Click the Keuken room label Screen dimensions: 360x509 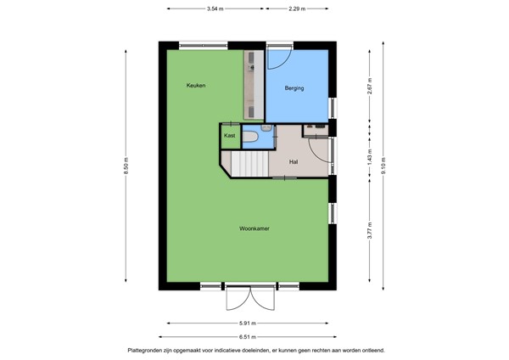[197, 86]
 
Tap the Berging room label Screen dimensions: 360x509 [294, 87]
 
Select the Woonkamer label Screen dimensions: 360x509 [255, 228]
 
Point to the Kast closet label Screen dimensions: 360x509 [229, 136]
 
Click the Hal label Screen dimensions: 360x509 [294, 161]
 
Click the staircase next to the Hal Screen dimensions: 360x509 [249, 162]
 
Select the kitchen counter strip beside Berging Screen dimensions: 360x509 [254, 85]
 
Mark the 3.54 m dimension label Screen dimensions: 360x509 [215, 8]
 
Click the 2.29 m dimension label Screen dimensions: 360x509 [297, 8]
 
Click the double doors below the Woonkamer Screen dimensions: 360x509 [251, 298]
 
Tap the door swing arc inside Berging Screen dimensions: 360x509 [281, 58]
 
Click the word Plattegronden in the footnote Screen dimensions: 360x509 [148, 350]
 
